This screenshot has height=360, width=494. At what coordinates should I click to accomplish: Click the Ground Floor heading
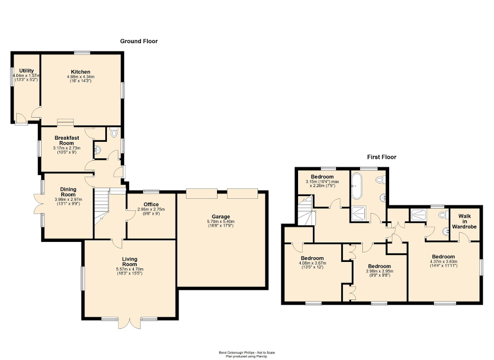coord(139,41)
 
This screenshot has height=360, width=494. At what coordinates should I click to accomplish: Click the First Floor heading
coord(381,157)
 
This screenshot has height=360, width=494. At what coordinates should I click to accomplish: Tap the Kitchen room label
coord(81,72)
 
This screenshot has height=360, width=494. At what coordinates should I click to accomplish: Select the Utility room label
coord(26,71)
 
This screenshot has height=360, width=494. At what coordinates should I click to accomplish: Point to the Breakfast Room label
coord(66,140)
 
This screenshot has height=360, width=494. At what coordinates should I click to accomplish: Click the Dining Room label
coord(67,192)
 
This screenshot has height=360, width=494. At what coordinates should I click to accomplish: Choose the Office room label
coord(151,205)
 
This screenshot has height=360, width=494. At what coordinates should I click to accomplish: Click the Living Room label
coord(129,261)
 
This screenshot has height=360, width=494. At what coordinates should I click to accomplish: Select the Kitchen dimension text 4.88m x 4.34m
coord(81,77)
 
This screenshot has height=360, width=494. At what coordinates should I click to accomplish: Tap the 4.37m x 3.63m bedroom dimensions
coord(443,261)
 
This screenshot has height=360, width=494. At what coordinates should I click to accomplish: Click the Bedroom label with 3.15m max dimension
coord(322,177)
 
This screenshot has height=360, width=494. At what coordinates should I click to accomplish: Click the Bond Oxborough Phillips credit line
coord(246,353)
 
